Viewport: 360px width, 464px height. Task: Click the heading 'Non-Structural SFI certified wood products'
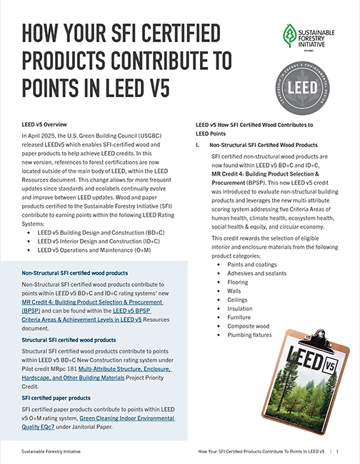point(75,273)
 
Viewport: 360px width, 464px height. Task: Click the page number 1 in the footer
point(337,452)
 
